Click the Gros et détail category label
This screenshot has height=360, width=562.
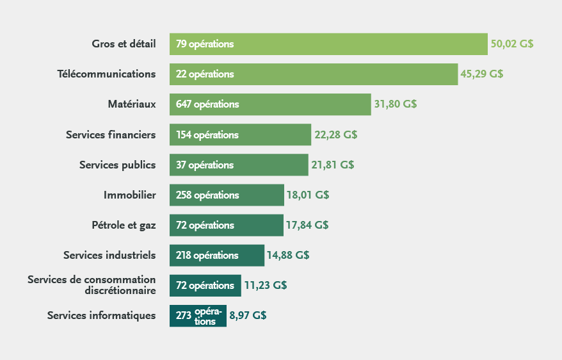click(x=124, y=44)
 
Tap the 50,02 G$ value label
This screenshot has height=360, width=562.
click(x=512, y=44)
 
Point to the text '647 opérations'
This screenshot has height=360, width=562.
click(x=207, y=104)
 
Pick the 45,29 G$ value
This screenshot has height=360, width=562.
click(x=481, y=74)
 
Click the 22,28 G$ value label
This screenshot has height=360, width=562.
click(x=335, y=135)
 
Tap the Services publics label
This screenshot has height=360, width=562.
click(x=117, y=165)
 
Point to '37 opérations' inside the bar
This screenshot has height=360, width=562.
click(x=205, y=165)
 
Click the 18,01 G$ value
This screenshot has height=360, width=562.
click(x=308, y=195)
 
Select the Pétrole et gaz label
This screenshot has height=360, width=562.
click(x=124, y=225)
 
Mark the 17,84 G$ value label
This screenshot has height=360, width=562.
click(x=307, y=225)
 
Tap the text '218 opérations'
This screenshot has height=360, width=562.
click(x=207, y=255)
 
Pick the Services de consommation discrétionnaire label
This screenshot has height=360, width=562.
click(x=92, y=285)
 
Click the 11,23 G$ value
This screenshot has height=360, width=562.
click(x=265, y=285)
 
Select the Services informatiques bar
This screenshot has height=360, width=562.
click(x=198, y=315)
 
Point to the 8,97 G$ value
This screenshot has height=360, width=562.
click(x=248, y=315)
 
